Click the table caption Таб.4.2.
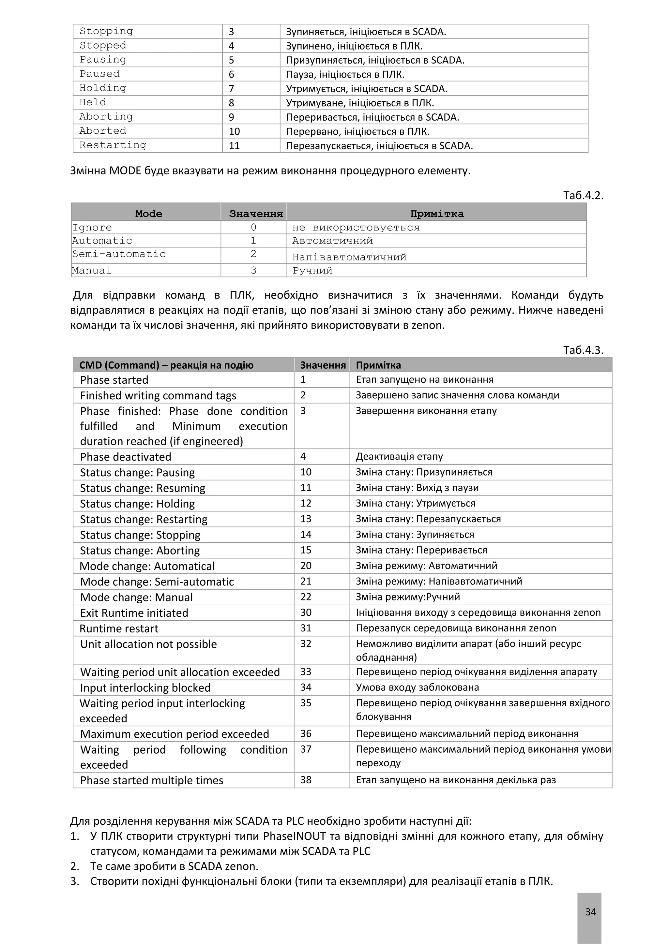(583, 195)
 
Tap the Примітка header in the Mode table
(436, 214)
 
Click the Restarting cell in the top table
(113, 145)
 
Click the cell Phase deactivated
(126, 457)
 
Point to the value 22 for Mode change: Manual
(306, 597)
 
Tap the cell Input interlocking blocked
(145, 688)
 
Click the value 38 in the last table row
(306, 780)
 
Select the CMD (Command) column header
(166, 365)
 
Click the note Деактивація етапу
(399, 456)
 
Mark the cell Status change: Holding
(137, 504)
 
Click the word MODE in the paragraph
(125, 170)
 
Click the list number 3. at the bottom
(74, 881)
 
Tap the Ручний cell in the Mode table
(312, 271)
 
